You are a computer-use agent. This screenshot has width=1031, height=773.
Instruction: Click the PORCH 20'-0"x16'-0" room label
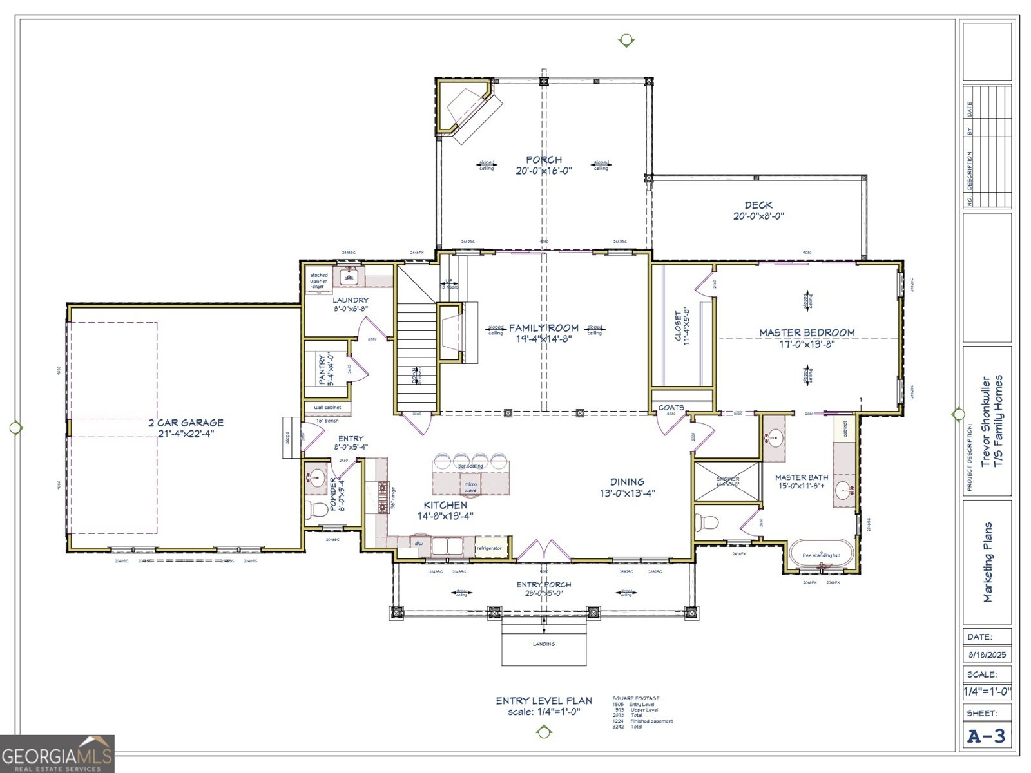(x=543, y=165)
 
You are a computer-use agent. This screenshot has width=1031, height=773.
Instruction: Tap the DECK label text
(x=758, y=210)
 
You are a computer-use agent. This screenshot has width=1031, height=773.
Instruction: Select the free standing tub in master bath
(x=821, y=555)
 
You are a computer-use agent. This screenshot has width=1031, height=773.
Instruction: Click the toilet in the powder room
(x=316, y=510)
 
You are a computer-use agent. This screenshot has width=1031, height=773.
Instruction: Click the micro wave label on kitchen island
(x=470, y=487)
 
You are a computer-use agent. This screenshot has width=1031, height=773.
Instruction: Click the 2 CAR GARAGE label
(x=186, y=428)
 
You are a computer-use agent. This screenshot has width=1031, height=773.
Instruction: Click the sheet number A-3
(x=987, y=736)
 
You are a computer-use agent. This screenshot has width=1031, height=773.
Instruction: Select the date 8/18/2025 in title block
(x=987, y=655)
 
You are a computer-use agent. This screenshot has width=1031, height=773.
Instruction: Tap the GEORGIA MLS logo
(x=57, y=754)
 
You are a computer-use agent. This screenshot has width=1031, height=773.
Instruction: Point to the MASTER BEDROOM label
(x=807, y=338)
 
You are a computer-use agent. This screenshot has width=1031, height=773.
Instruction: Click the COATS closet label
(x=671, y=408)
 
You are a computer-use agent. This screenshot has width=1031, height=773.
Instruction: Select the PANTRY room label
(x=327, y=369)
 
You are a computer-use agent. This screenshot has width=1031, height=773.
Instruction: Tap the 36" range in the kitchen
(x=383, y=497)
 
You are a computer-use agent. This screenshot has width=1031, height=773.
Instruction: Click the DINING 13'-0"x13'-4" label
(x=627, y=487)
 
